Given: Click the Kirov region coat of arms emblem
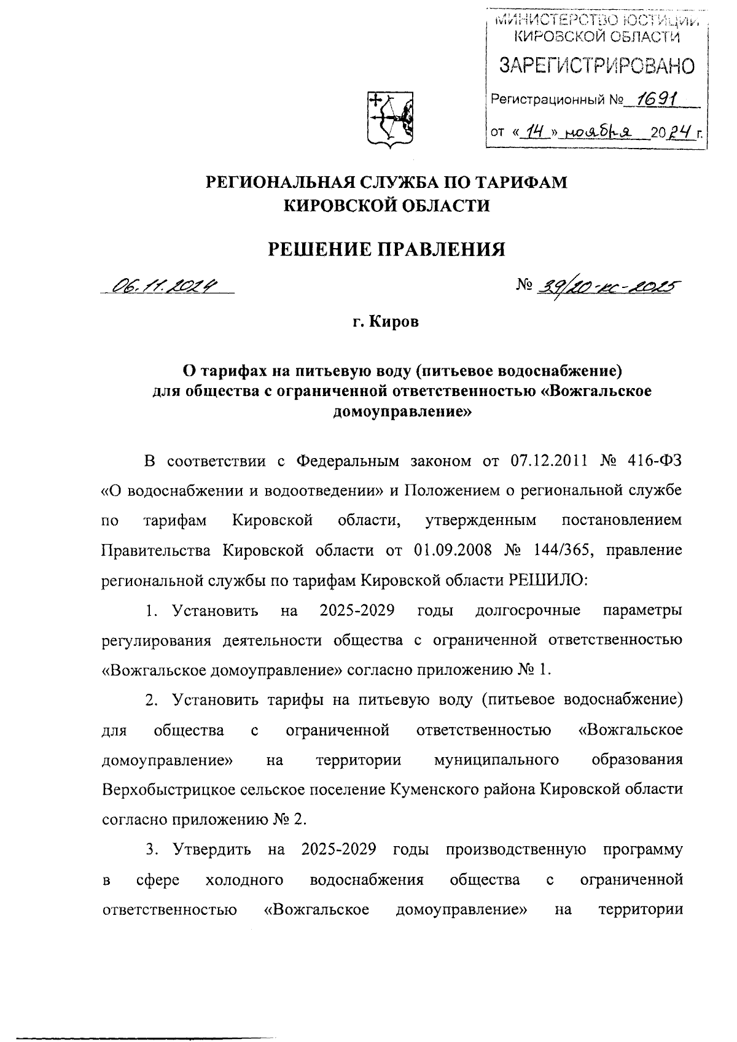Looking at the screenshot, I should [389, 119].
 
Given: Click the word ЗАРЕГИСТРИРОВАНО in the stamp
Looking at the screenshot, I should [596, 66].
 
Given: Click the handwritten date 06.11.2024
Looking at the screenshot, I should [165, 286].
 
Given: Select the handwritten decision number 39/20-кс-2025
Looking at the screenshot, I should [607, 286].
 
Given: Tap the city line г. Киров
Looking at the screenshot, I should [386, 322].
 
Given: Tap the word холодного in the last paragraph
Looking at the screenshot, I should [244, 879].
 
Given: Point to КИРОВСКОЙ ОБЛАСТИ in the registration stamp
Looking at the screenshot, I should [596, 37].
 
